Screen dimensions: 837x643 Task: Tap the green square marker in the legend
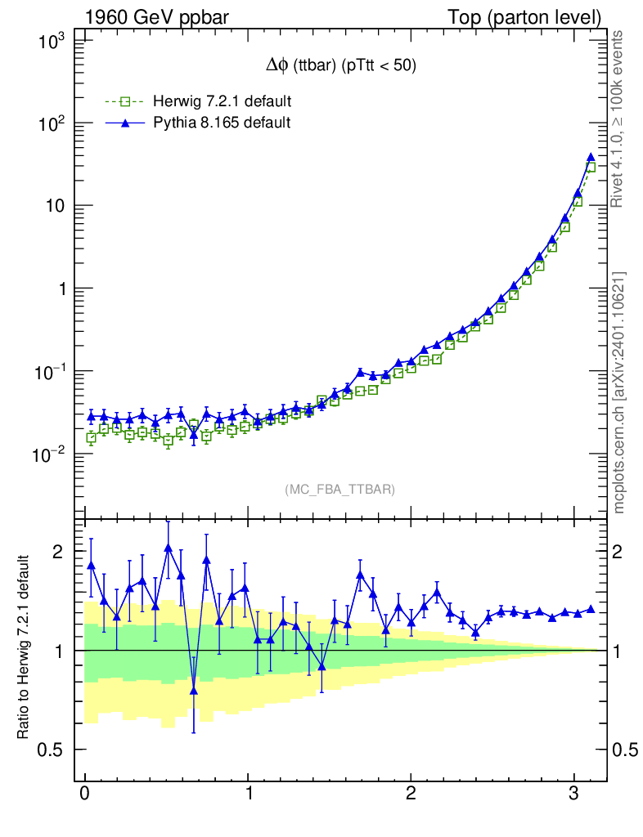click(x=125, y=102)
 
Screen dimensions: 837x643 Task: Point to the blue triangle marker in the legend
click(x=125, y=123)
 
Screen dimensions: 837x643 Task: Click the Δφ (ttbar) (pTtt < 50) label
click(x=337, y=67)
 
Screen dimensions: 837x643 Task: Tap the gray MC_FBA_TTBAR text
click(x=339, y=490)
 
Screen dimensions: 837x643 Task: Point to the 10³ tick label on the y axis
click(x=55, y=42)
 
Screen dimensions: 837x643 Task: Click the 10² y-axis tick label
click(x=55, y=124)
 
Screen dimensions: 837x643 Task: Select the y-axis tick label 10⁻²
click(x=52, y=454)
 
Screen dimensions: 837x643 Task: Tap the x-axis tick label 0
click(x=84, y=794)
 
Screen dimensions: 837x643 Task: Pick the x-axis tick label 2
click(x=411, y=794)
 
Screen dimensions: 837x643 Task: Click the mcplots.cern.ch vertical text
click(x=619, y=392)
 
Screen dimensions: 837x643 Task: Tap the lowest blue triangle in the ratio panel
click(x=194, y=690)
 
